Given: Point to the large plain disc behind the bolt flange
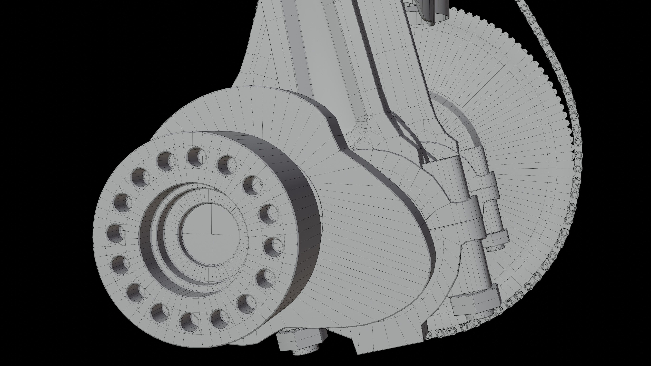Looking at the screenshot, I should pos(228,109).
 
